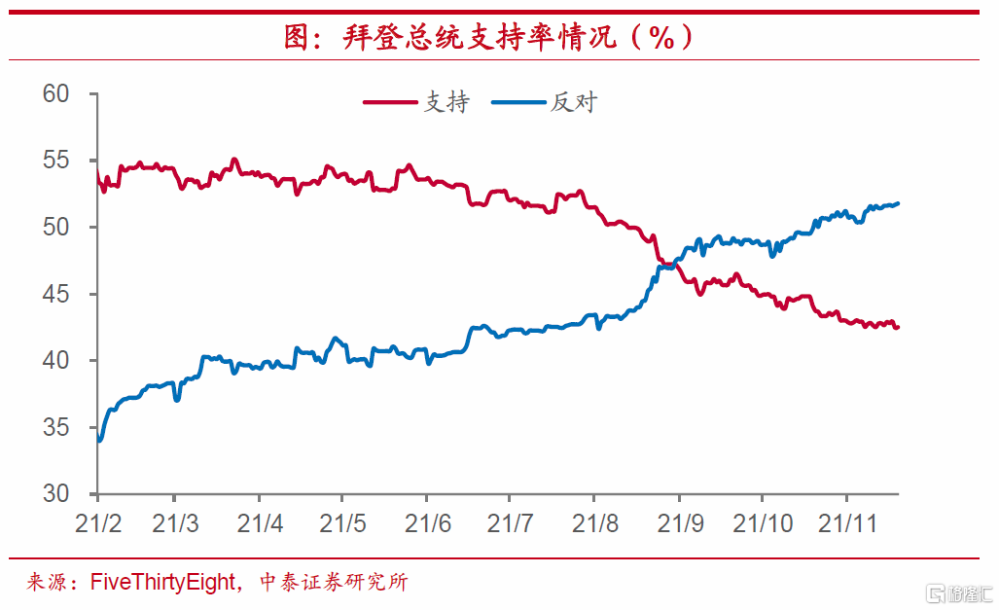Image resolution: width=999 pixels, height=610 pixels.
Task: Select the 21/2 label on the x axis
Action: coord(98,524)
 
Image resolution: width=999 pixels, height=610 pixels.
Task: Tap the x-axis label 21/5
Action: coord(343,524)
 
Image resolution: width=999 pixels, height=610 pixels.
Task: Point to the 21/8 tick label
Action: coord(594,524)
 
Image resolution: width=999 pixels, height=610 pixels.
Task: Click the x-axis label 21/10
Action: coord(763,524)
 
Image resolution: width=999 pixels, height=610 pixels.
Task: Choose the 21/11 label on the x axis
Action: coord(846,524)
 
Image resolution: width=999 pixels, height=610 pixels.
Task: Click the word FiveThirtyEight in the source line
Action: coord(162,583)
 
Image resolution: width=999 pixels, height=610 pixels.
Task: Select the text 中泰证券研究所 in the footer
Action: coord(334,583)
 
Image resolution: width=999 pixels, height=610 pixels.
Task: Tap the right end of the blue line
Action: coord(898,203)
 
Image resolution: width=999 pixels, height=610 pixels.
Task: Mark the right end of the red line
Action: coord(898,327)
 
